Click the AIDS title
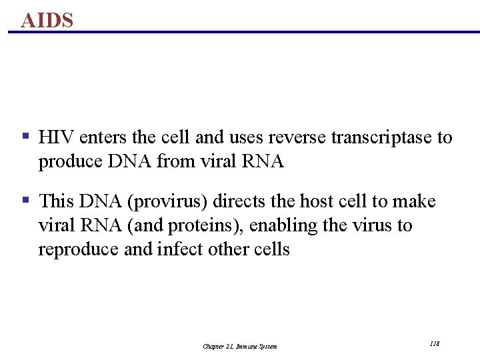click(47, 20)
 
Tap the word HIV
click(57, 138)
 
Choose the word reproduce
click(74, 250)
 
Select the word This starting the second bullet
click(57, 201)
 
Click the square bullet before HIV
click(25, 136)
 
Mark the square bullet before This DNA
click(25, 199)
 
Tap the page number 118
click(434, 343)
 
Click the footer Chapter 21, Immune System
click(240, 346)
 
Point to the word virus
click(371, 226)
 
